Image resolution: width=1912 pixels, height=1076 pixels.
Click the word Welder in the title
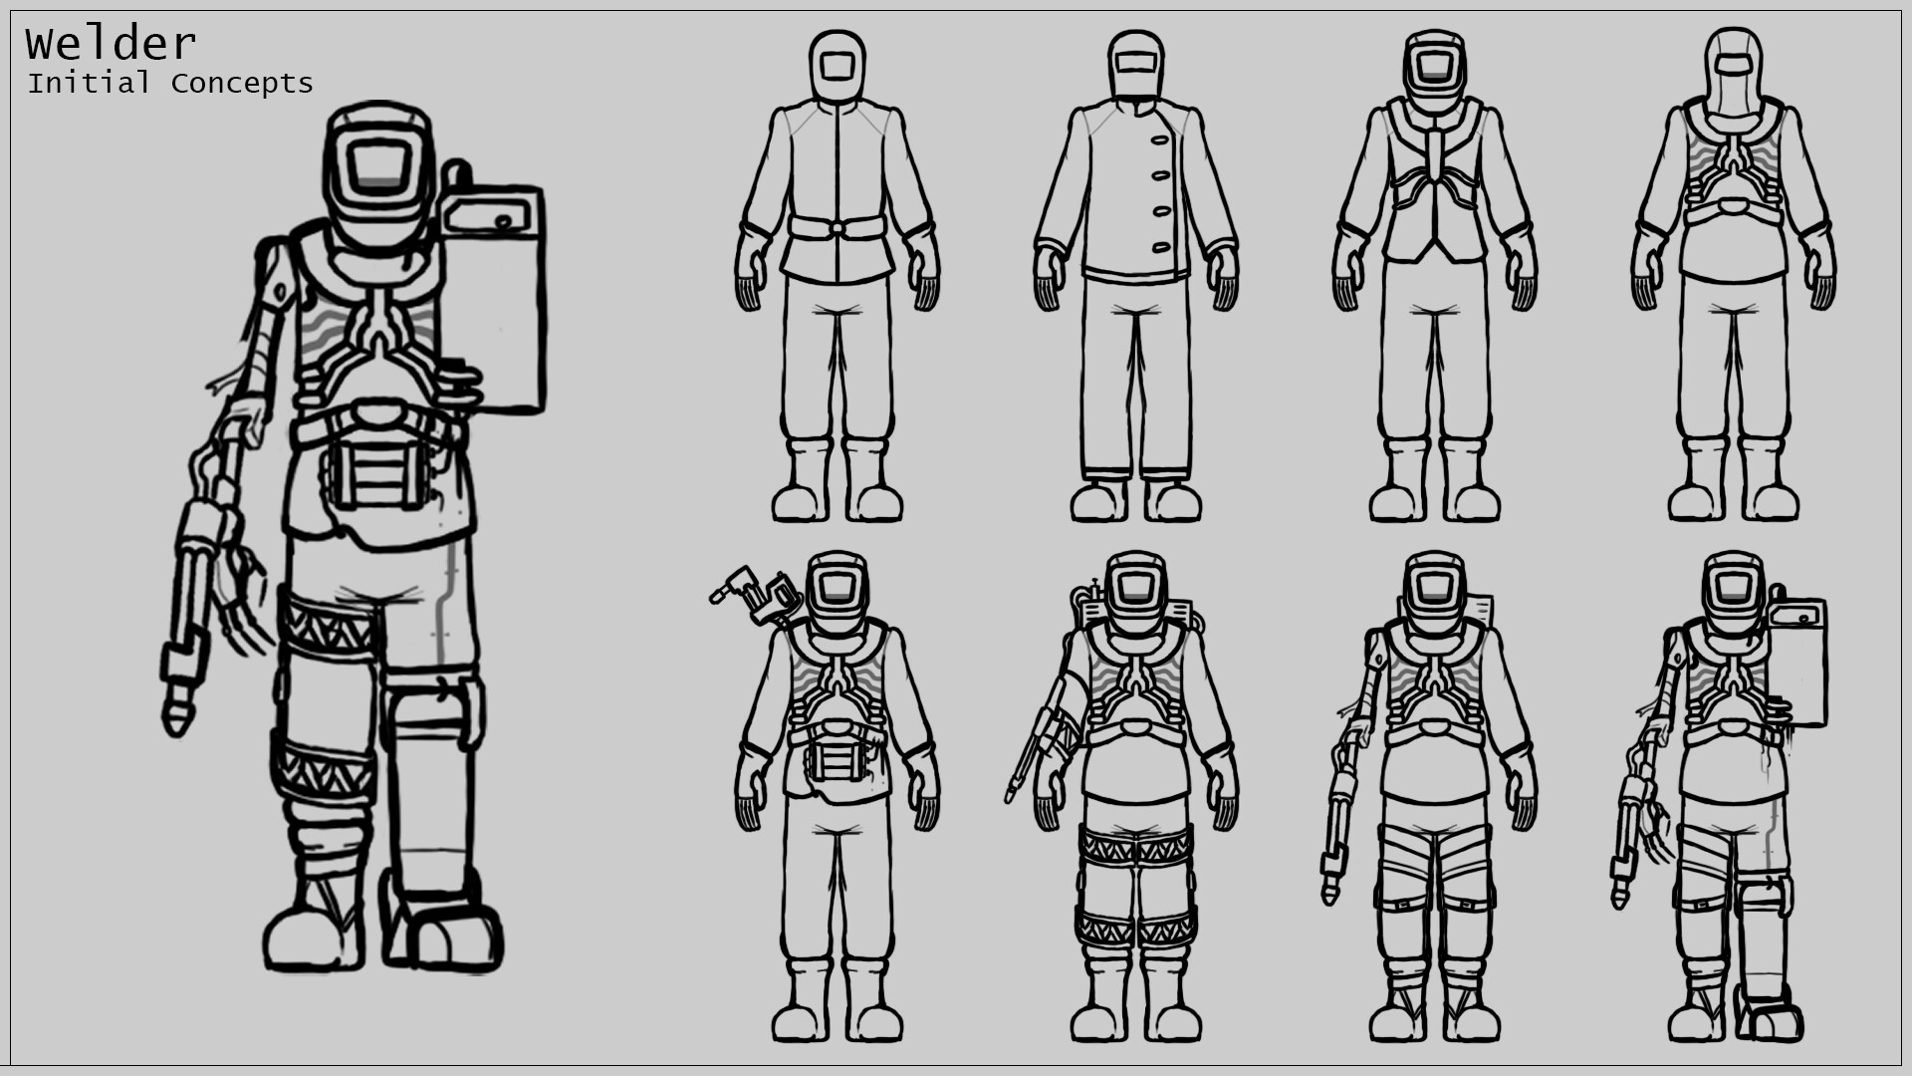tap(111, 45)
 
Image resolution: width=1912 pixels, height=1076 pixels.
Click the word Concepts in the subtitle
tap(242, 84)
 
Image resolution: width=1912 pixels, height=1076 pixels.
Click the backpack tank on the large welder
tap(494, 299)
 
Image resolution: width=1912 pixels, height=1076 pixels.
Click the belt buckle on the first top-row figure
tap(836, 228)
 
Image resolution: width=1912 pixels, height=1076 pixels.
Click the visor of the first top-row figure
tap(836, 66)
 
